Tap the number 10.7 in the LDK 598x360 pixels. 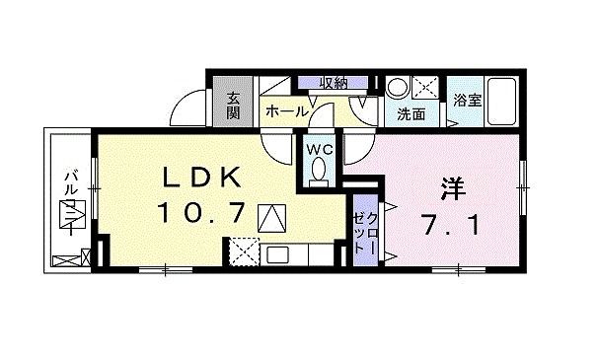(201, 214)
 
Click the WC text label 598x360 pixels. (318, 150)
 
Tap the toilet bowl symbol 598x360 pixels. (318, 173)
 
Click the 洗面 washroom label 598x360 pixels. (411, 114)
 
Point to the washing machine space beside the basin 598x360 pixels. (426, 86)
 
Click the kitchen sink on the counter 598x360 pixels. (277, 254)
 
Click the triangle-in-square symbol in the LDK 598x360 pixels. (270, 217)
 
